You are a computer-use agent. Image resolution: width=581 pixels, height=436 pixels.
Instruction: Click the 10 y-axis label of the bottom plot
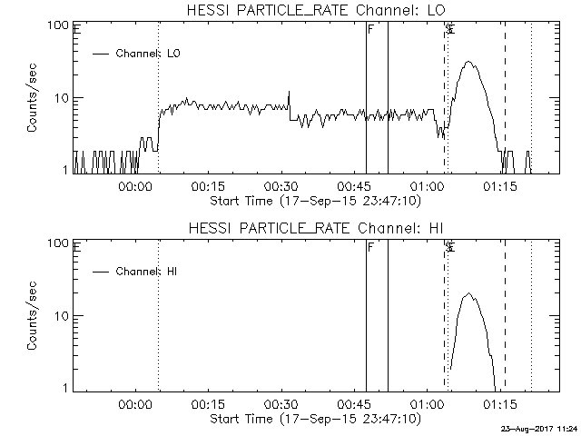pos(63,316)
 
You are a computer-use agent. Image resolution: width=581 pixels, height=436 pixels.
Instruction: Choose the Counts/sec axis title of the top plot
pos(33,98)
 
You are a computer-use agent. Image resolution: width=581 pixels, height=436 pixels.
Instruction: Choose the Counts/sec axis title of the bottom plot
pos(33,316)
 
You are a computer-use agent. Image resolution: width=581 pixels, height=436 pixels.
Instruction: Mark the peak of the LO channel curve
pos(468,62)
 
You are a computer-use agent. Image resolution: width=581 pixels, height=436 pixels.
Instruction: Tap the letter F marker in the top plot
pos(370,29)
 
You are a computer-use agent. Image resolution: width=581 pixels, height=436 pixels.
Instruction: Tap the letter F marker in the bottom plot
pos(370,247)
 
